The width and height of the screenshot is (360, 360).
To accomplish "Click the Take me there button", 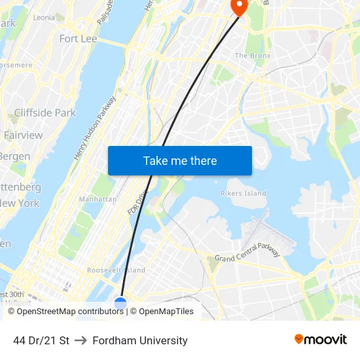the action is pyautogui.click(x=180, y=160).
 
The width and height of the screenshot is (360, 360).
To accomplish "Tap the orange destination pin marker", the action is pyautogui.click(x=238, y=7).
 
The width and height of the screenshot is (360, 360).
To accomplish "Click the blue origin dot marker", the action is pyautogui.click(x=120, y=303).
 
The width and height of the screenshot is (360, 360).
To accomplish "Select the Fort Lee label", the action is pyautogui.click(x=78, y=39).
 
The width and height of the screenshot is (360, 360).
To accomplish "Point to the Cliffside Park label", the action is pyautogui.click(x=45, y=113).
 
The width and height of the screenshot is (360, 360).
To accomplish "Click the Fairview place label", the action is pyautogui.click(x=23, y=135).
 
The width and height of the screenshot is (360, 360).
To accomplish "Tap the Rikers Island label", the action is pyautogui.click(x=243, y=193).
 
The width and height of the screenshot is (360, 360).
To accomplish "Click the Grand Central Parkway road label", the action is pyautogui.click(x=247, y=252).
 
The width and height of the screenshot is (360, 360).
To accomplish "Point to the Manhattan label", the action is pyautogui.click(x=98, y=199).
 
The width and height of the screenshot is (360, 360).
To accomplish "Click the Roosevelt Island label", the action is pyautogui.click(x=116, y=270).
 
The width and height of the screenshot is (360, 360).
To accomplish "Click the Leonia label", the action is pyautogui.click(x=44, y=18).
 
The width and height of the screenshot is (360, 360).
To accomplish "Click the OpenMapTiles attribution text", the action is pyautogui.click(x=166, y=312).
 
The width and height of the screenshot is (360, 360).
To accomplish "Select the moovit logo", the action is pyautogui.click(x=321, y=339).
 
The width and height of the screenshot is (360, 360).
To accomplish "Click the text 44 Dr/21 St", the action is pyautogui.click(x=41, y=340).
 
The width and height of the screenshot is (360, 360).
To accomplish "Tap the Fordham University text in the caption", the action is pyautogui.click(x=140, y=340).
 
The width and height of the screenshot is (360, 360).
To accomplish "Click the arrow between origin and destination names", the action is pyautogui.click(x=81, y=340).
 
